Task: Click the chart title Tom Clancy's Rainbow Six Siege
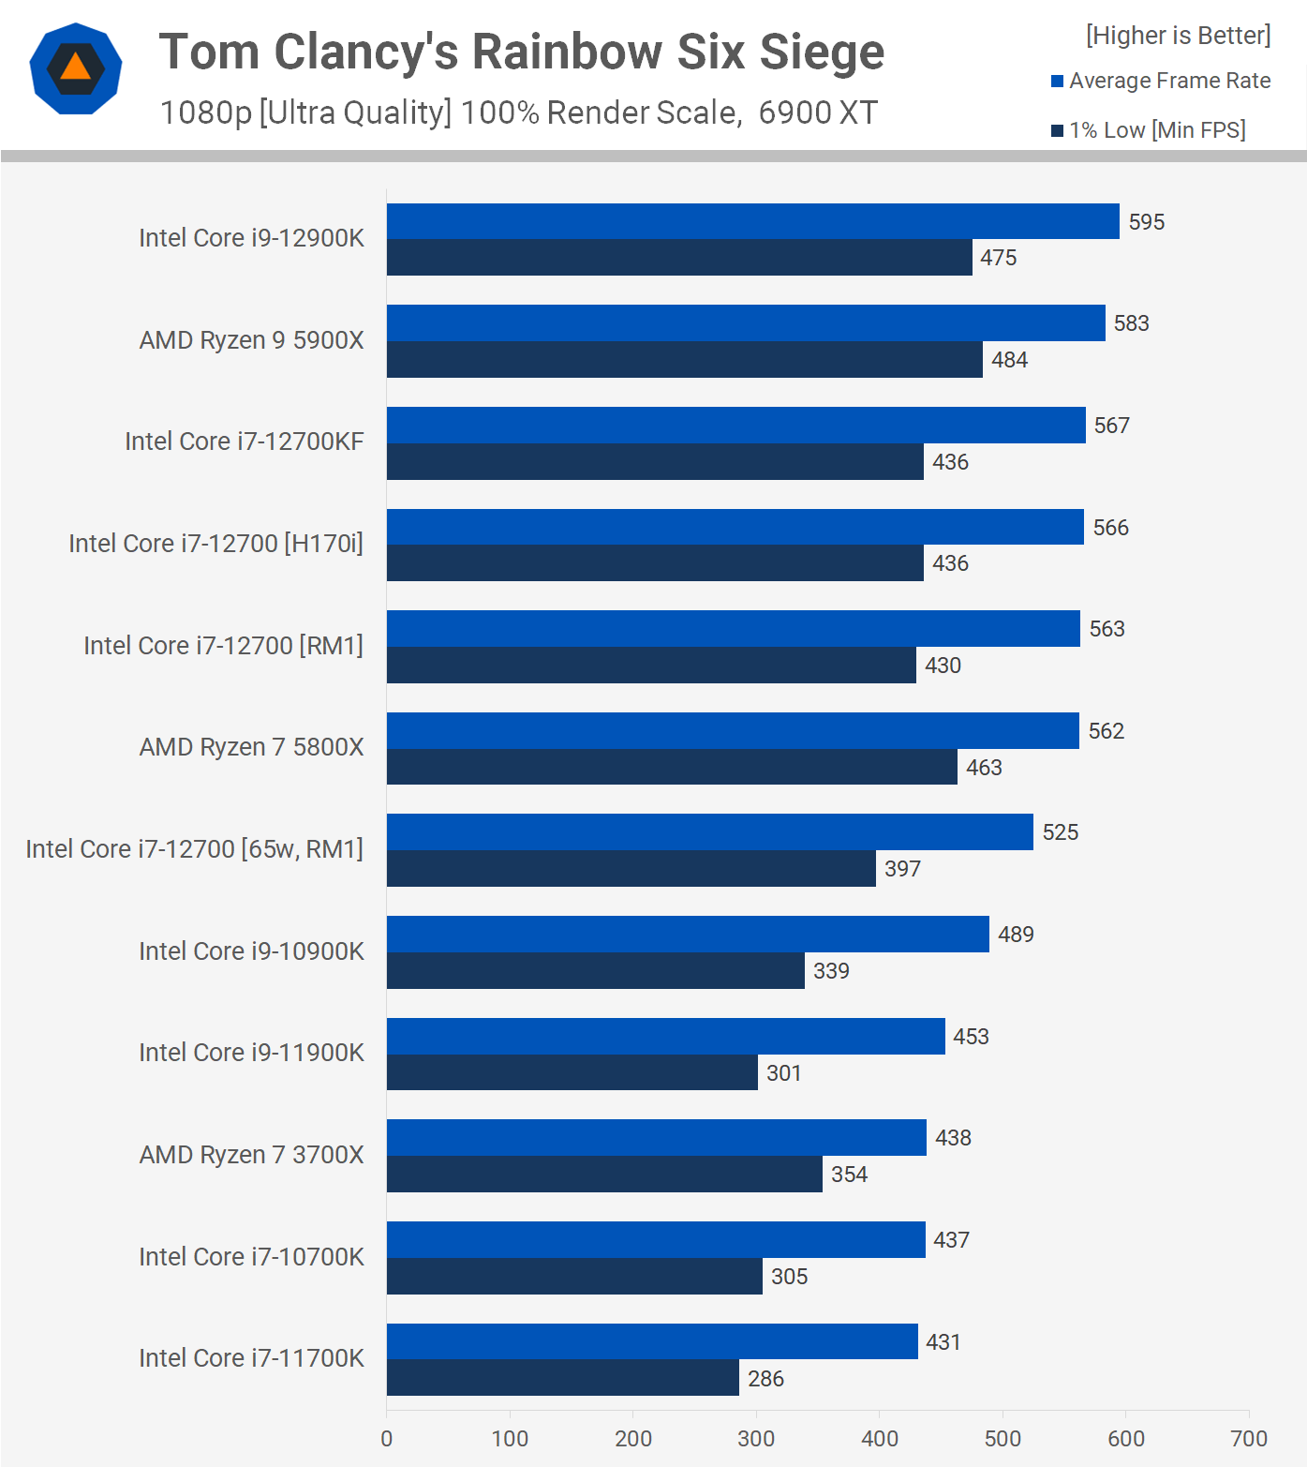coord(521,52)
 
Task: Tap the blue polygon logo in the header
coord(76,68)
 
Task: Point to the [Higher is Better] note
coord(1178,36)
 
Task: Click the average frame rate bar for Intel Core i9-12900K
coord(752,221)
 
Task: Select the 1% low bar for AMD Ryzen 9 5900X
coord(684,360)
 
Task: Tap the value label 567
coord(1111,426)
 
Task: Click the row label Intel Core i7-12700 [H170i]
coord(215,544)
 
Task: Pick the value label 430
coord(943,666)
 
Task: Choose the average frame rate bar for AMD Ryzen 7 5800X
coord(733,731)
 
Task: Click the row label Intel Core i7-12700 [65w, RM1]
coord(194,849)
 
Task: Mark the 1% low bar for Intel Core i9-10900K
coord(595,971)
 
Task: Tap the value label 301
coord(783,1073)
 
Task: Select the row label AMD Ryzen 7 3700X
coord(251,1155)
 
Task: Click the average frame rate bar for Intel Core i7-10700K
coord(656,1240)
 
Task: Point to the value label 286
coord(765,1379)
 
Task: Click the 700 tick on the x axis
coord(1248,1439)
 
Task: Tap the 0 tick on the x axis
coord(387,1439)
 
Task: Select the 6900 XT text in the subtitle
coord(817,112)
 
